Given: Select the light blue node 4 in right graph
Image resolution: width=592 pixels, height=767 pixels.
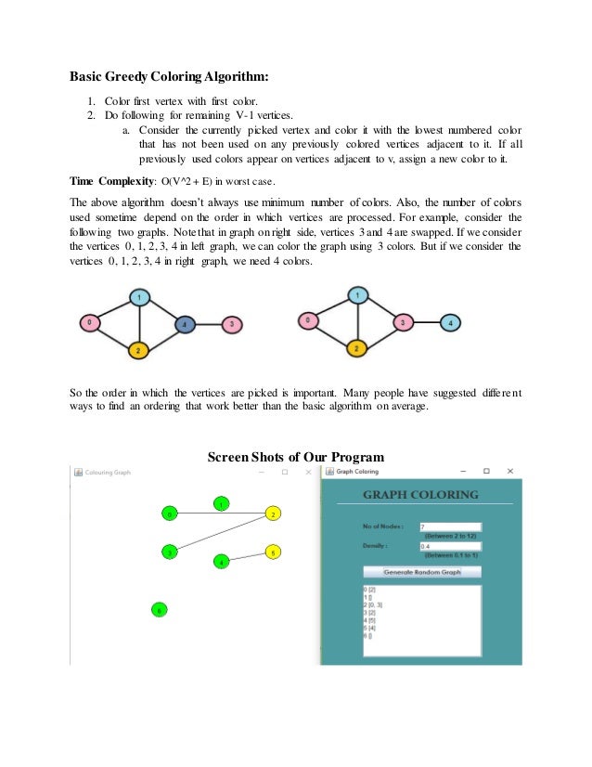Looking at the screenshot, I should click(451, 323).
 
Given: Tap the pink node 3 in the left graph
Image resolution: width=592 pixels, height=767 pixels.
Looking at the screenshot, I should click(232, 324).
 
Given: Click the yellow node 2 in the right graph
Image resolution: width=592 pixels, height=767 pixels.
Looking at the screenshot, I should click(356, 349).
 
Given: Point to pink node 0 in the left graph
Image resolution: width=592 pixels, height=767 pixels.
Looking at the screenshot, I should click(89, 322).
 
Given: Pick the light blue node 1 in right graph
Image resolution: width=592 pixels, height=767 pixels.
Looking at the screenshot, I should click(358, 295).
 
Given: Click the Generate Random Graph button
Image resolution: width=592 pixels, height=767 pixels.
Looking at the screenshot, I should click(422, 572).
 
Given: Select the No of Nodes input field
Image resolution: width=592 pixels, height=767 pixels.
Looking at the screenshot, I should click(449, 526).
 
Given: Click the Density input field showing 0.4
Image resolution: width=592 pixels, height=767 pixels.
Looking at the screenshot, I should click(449, 547).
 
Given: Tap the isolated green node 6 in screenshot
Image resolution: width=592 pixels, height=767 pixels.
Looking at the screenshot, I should click(159, 610).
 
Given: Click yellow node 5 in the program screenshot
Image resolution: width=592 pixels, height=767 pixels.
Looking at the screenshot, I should click(273, 552).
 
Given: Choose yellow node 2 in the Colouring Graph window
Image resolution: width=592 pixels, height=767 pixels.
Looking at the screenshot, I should click(272, 513).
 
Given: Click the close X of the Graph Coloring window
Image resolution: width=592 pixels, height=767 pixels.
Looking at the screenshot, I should click(509, 472).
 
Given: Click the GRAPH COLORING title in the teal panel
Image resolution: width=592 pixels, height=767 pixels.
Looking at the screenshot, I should click(421, 495).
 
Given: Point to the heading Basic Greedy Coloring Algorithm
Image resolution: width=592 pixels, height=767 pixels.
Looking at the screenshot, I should click(173, 76).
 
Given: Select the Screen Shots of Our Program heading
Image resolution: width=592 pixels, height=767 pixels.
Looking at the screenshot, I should click(295, 456).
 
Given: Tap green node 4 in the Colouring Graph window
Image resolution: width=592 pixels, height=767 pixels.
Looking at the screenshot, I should click(221, 562).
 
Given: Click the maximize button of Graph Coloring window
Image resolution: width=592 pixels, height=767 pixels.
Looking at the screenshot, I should click(485, 472).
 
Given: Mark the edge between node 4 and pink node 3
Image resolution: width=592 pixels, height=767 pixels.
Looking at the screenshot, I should click(209, 324).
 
